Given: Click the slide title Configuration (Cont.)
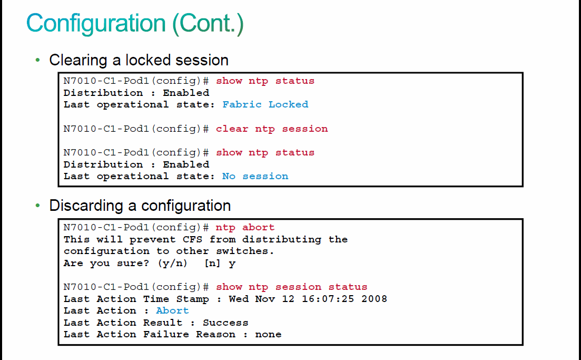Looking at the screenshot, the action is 135,23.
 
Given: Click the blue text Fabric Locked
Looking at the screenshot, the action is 265,104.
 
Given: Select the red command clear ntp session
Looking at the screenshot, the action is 272,129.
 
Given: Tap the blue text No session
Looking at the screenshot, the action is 255,176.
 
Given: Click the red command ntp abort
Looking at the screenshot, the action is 245,227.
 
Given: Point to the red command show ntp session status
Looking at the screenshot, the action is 292,287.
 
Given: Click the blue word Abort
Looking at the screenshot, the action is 172,310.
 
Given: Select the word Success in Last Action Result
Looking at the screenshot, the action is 225,323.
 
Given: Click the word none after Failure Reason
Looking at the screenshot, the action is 268,334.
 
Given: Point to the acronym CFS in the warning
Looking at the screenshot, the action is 192,239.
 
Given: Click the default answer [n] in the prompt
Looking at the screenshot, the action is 212,264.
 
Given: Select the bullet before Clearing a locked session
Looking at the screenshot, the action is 37,60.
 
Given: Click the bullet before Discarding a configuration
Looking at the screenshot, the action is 37,205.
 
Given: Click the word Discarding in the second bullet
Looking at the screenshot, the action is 86,206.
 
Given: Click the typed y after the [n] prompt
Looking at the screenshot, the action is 232,264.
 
